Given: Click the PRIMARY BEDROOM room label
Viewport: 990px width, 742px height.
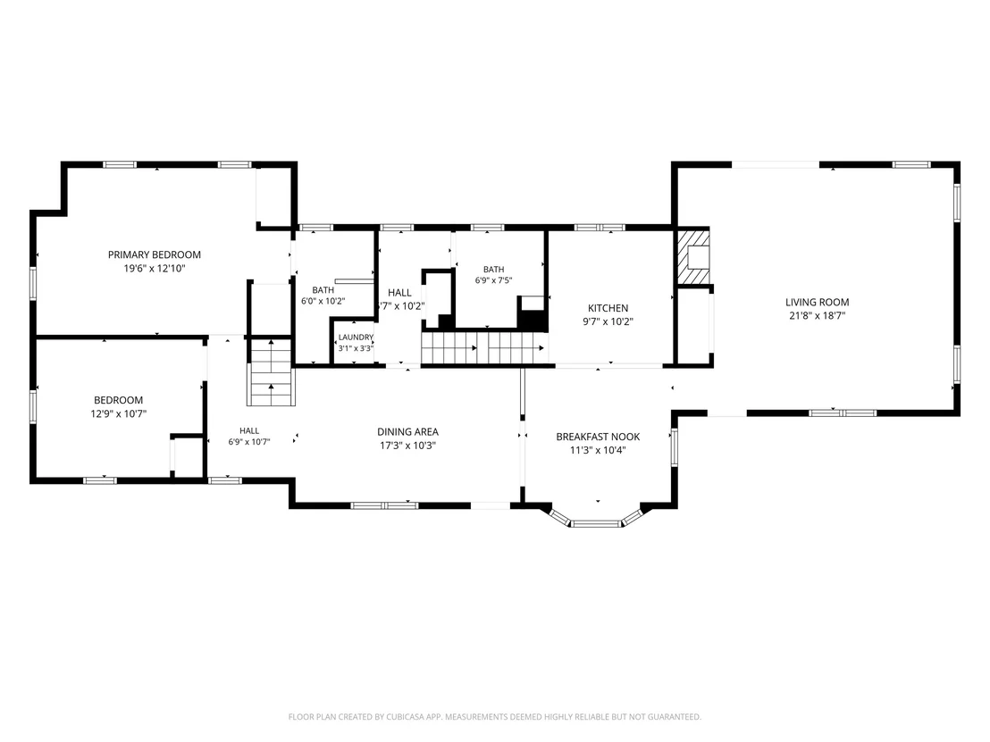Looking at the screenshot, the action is [154, 254].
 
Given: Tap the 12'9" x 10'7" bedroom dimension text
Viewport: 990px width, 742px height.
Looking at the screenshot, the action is [118, 414].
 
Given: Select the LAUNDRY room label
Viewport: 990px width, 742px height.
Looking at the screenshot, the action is [356, 338].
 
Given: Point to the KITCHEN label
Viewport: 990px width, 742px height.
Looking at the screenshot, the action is [608, 308].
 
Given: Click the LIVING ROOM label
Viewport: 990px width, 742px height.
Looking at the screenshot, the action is [817, 302].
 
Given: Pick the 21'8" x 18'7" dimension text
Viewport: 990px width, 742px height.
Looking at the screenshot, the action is [817, 316].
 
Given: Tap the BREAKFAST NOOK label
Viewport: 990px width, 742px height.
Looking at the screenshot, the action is [598, 437].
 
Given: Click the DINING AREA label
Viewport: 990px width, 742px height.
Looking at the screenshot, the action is [407, 431].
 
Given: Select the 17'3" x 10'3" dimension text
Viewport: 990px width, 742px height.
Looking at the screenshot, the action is [407, 446].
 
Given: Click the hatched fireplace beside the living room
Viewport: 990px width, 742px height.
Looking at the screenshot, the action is [692, 257].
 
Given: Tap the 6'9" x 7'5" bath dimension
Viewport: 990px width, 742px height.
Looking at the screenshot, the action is [494, 280].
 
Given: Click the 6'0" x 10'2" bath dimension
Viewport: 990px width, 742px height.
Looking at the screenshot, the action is [323, 301].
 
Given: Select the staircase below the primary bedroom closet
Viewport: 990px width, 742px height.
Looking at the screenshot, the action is [271, 372].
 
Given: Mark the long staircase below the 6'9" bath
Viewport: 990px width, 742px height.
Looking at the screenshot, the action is [485, 348].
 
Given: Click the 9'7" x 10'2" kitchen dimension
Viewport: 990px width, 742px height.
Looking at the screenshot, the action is [608, 321].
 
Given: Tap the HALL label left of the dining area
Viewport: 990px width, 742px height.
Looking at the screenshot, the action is [249, 431].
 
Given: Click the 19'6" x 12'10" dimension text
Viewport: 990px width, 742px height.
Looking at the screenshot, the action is [154, 269].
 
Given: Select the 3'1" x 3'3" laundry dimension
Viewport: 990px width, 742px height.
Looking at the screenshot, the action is [356, 348].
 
